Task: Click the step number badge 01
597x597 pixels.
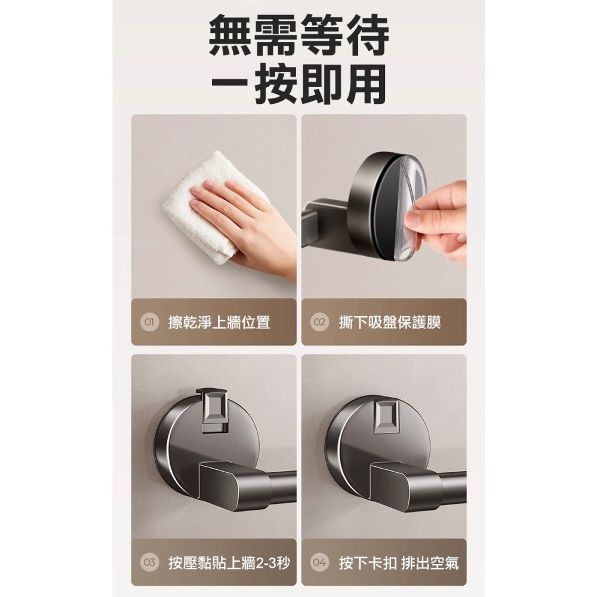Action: [x=149, y=322]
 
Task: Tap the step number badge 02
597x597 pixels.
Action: [x=319, y=322]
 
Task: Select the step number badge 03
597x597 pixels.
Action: [x=149, y=562]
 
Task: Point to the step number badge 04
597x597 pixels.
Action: [x=319, y=562]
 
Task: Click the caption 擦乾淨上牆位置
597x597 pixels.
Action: [x=219, y=322]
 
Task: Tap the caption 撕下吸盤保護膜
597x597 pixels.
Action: [x=390, y=322]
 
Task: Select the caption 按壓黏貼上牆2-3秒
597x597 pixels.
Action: [x=229, y=562]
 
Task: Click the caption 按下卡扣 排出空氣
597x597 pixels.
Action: [x=399, y=562]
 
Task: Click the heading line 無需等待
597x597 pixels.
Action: [x=299, y=35]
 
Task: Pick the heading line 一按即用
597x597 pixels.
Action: [x=299, y=84]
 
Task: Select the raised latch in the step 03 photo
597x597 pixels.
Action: [x=214, y=411]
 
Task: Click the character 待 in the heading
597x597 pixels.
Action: [x=367, y=35]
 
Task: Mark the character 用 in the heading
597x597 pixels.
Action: [x=367, y=84]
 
